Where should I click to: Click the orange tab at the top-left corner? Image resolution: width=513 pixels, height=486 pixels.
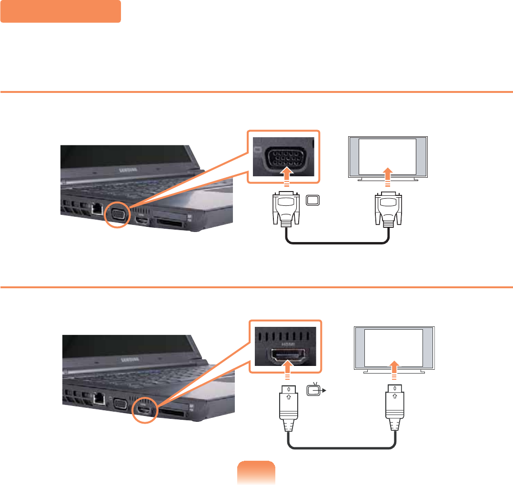[x=60, y=11]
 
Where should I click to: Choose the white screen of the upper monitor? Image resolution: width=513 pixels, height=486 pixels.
[x=387, y=156]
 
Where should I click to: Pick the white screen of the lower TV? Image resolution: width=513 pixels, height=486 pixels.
[x=393, y=347]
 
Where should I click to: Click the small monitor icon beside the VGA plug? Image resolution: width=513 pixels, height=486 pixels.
[x=312, y=201]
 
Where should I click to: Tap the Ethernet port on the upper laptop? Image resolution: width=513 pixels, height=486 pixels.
[x=97, y=208]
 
